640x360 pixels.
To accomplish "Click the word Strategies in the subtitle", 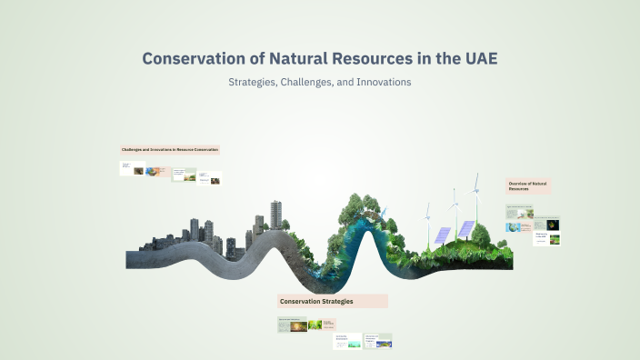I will (255, 82).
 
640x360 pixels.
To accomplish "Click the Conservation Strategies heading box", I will (333, 301).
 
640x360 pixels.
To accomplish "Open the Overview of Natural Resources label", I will (528, 186).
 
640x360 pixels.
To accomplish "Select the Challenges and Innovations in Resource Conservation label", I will (170, 149).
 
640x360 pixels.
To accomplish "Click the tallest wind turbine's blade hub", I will (474, 191).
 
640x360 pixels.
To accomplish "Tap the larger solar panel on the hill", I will (466, 228).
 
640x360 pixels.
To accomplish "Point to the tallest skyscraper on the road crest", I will (275, 215).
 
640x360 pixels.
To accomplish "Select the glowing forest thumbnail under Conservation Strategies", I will (316, 325).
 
